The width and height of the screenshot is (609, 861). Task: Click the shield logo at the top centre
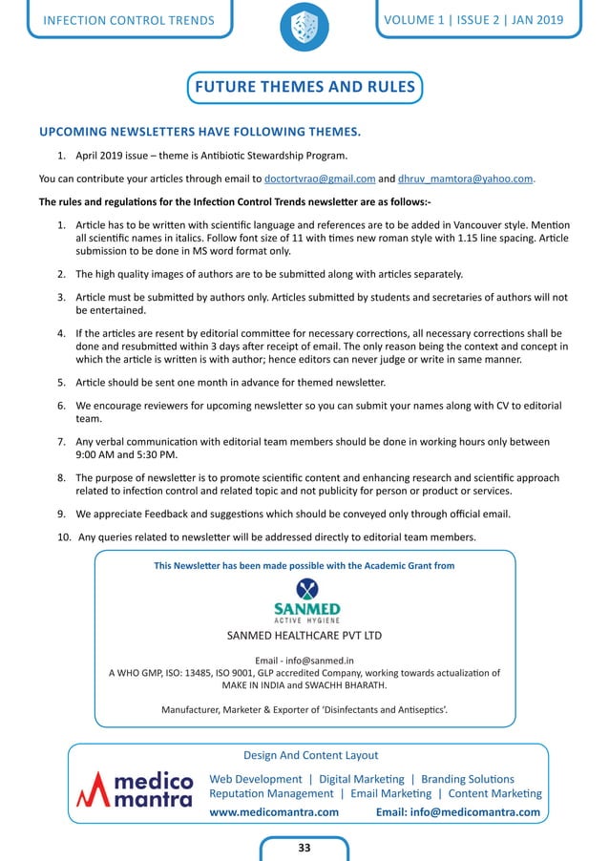(304, 28)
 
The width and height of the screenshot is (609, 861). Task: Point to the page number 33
(304, 847)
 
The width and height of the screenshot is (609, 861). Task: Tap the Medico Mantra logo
(136, 787)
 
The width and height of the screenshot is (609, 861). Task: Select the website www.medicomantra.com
(274, 812)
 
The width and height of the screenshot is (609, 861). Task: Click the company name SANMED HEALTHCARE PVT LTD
(304, 635)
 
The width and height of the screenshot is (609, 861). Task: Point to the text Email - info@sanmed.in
(304, 660)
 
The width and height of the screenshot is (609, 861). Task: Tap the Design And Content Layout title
(310, 755)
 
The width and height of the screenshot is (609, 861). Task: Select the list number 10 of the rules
(64, 536)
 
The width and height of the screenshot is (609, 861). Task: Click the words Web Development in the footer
(254, 779)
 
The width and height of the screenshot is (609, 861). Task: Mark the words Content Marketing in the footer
(494, 793)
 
